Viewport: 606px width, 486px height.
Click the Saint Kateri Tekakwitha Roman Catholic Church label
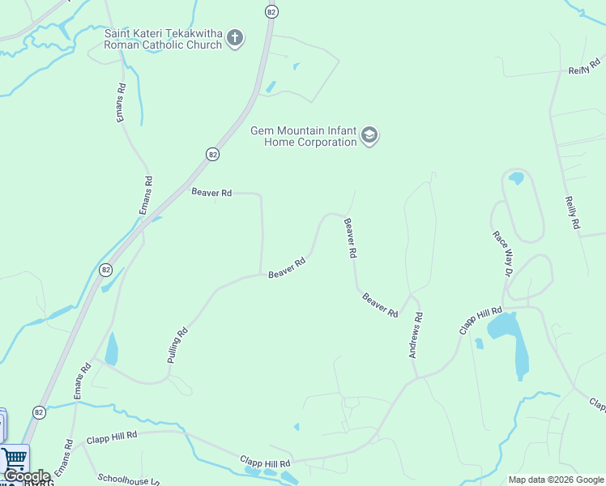163,39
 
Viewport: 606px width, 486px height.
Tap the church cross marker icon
235,37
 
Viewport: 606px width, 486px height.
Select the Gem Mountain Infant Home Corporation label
303,136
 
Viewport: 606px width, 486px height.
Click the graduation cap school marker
369,135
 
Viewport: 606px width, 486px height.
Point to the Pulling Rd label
178,343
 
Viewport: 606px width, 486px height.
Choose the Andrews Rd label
416,336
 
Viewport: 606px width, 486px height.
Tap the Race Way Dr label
502,254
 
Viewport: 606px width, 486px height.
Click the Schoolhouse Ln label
128,479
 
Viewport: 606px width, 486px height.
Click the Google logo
27,477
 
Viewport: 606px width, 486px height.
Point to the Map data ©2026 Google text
556,480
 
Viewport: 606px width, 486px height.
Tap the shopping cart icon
15,458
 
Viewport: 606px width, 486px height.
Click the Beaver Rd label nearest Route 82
211,193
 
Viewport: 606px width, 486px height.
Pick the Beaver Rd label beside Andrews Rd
380,305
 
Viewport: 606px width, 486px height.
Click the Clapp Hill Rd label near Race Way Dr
481,321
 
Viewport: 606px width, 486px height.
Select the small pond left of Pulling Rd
111,349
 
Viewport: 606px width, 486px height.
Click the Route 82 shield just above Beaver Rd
212,154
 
